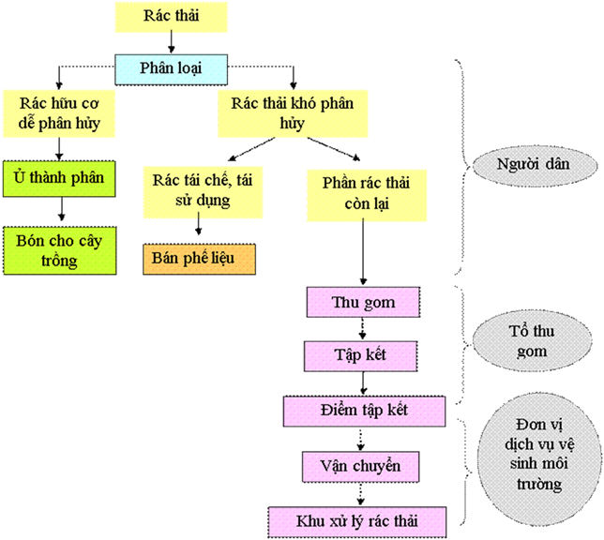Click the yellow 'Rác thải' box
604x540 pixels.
[171, 17]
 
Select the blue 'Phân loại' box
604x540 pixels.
[171, 67]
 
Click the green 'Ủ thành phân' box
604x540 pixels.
[61, 178]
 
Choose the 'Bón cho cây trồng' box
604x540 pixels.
[61, 248]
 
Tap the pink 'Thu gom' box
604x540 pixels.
[363, 303]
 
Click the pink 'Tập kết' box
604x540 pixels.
[363, 355]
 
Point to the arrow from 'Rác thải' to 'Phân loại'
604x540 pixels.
[171, 41]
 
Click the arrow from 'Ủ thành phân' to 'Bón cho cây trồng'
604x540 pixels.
[61, 208]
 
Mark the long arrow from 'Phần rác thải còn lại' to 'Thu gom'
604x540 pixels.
[363, 251]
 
